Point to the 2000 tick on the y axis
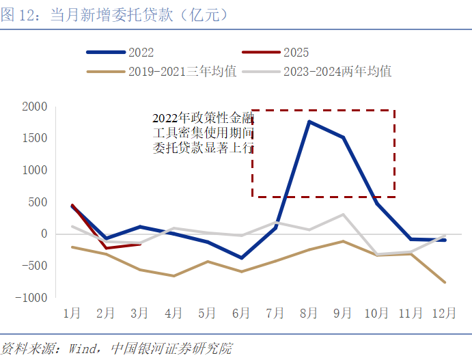[35, 107]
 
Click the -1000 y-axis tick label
[32, 298]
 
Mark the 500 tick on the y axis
[38, 202]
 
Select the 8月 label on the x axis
[309, 314]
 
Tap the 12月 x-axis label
[444, 314]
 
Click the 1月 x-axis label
[72, 314]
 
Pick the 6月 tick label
[241, 314]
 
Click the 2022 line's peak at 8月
[309, 122]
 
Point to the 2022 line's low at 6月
[241, 258]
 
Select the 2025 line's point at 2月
[106, 248]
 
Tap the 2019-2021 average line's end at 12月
[444, 282]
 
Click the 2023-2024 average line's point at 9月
[343, 214]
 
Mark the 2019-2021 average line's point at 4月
[173, 276]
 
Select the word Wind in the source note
[83, 348]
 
